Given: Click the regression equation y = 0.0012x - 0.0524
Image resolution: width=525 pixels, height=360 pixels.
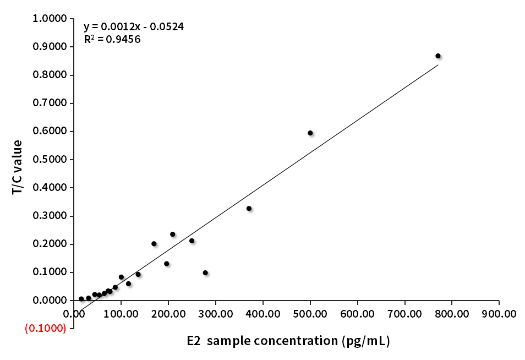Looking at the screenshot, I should point(134,26).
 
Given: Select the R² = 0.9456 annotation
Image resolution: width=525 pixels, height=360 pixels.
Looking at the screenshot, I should point(112,39).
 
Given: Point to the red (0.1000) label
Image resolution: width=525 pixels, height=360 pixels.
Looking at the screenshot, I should point(46,328).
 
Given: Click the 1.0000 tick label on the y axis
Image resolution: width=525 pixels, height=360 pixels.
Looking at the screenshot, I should point(50,19).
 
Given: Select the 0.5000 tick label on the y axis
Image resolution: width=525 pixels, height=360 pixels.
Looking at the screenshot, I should point(50,160).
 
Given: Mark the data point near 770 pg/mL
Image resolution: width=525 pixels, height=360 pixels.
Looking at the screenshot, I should point(438,56).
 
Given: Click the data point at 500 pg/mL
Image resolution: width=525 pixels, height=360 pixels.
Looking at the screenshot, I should point(310,133).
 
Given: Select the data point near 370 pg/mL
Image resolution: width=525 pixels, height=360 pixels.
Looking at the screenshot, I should point(249,209).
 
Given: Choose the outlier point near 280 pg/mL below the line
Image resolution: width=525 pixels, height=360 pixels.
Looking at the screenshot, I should point(205,272).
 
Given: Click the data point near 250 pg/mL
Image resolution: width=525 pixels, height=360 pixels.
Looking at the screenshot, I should point(192,241).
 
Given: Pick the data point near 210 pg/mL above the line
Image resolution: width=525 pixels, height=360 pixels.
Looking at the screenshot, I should point(172,234).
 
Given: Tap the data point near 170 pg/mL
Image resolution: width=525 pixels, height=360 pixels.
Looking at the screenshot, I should point(154,243).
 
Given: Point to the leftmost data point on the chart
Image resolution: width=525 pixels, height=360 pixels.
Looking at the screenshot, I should point(81,299).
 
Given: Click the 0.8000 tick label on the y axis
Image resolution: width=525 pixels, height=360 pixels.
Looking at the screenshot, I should point(50,75).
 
